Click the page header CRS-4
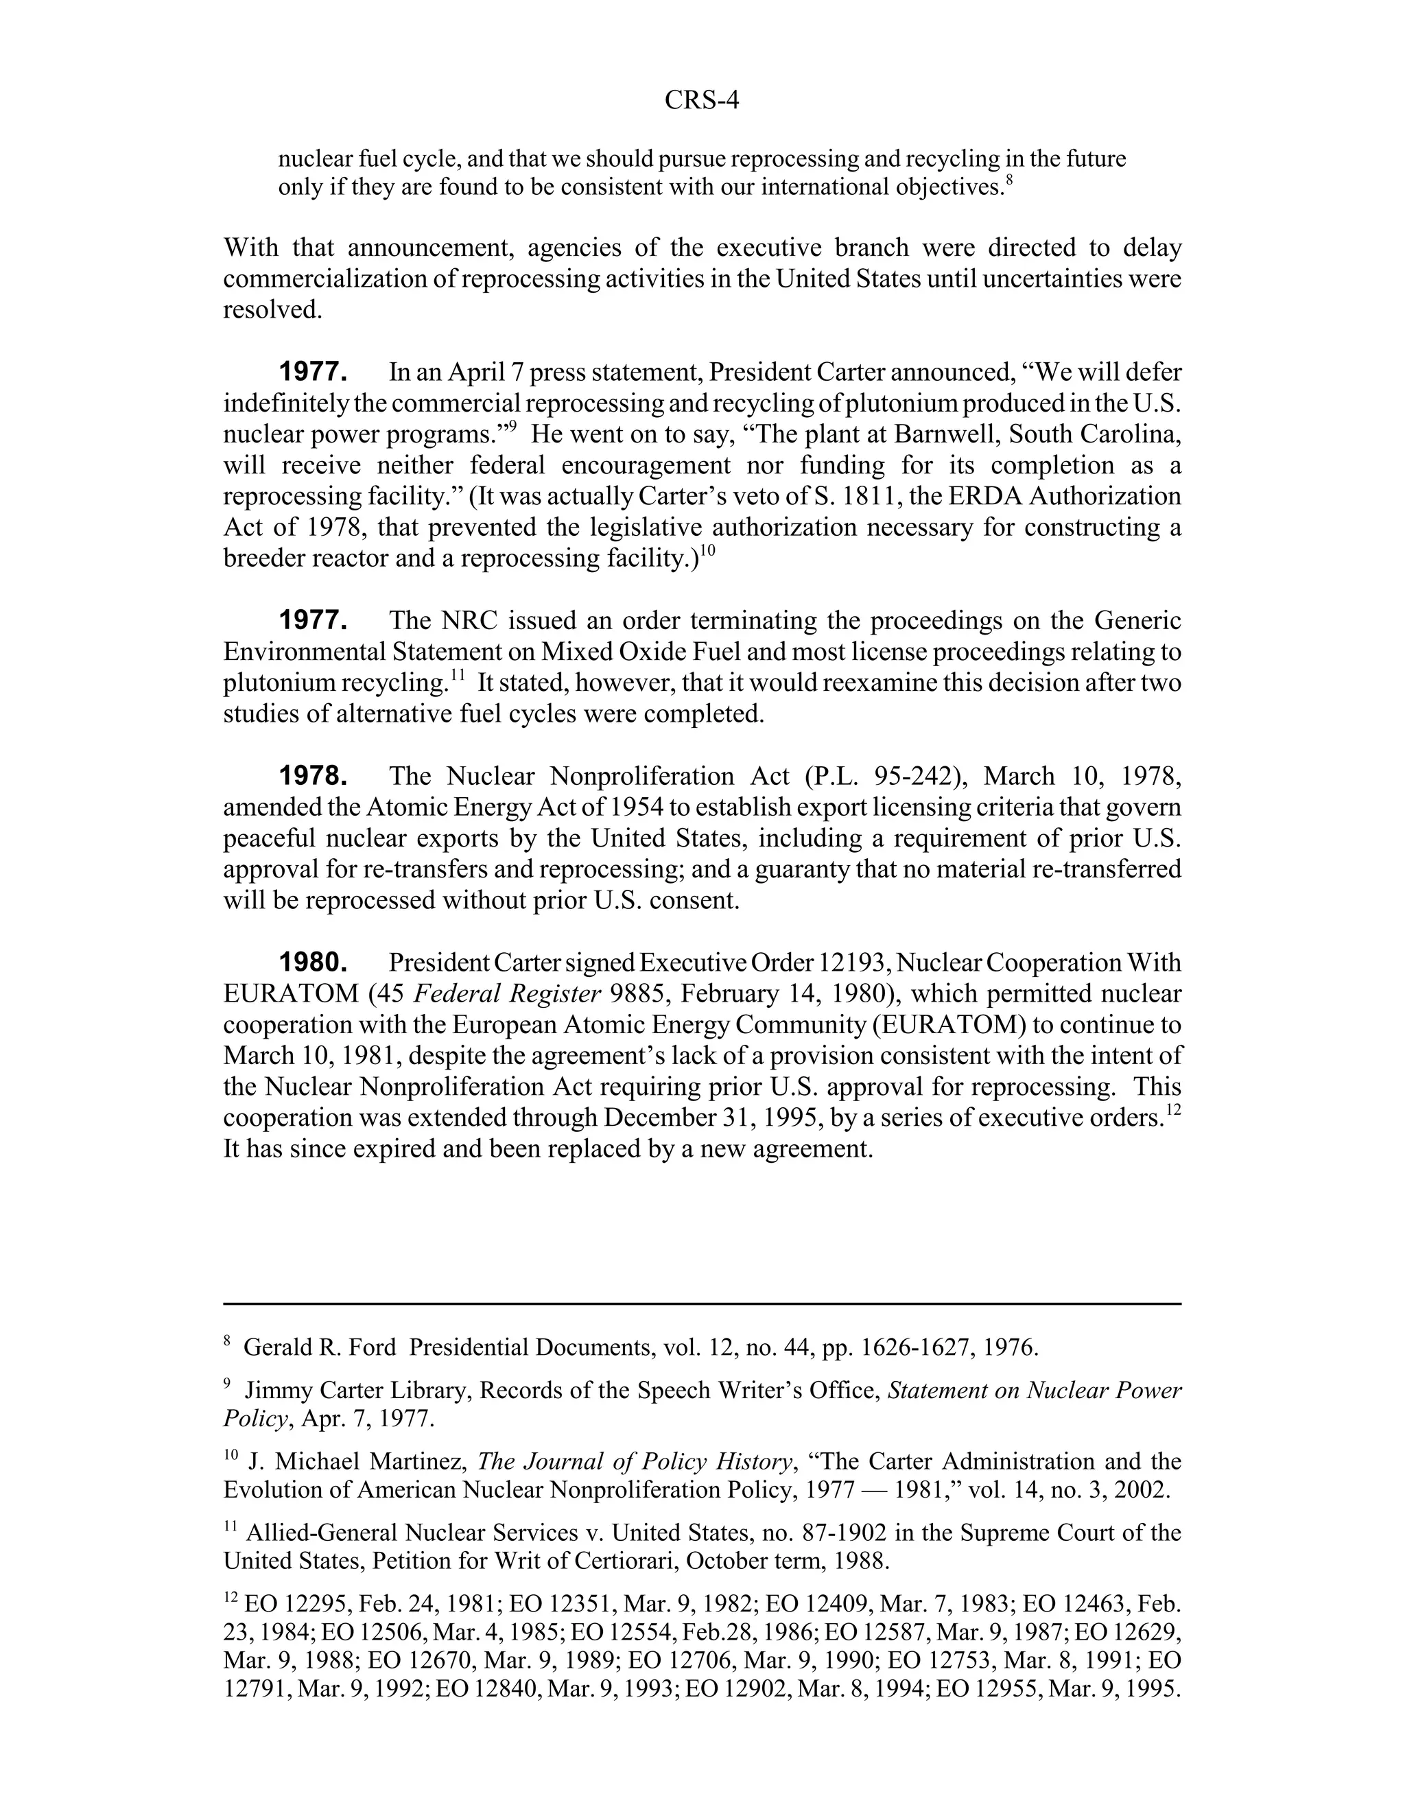click(x=702, y=101)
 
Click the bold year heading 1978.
click(x=312, y=777)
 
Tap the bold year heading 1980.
click(x=312, y=963)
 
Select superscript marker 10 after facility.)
click(x=707, y=550)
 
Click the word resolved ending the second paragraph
click(x=272, y=309)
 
